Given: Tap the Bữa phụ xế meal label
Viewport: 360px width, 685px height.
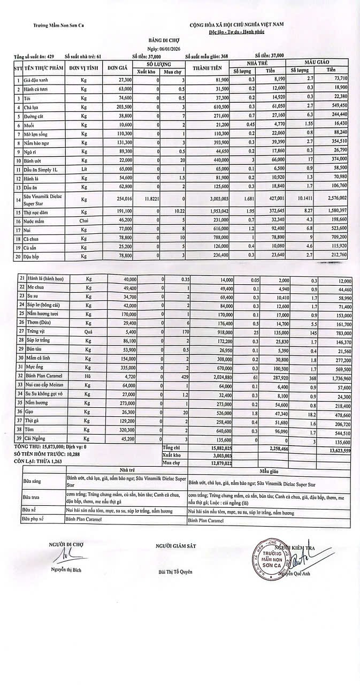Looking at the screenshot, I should click(34, 520).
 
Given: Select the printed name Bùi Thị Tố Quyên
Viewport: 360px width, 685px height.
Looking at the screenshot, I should click(175, 572).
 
